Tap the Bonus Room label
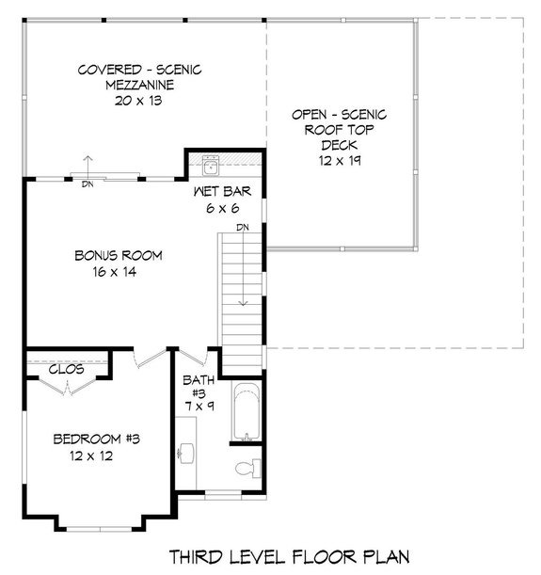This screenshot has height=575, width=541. pos(119,255)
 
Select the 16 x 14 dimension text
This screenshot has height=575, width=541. pos(119,273)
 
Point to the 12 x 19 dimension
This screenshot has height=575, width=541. pos(340,162)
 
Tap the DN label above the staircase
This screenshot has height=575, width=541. pos(242,227)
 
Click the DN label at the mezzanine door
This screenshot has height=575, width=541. pos(88,184)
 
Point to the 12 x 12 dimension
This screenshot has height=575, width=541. pos(91,456)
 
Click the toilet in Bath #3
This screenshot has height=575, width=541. pos(247,468)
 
